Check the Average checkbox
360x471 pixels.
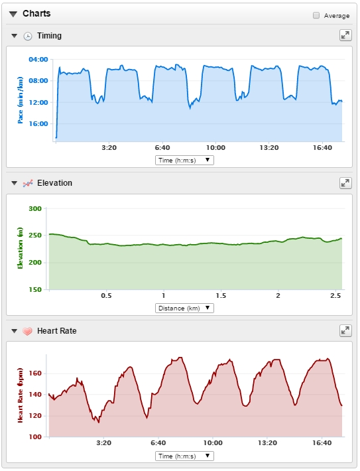click(x=316, y=15)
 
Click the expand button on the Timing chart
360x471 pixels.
click(x=345, y=35)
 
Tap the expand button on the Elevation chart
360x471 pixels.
click(x=345, y=183)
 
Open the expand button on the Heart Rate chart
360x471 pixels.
click(x=345, y=331)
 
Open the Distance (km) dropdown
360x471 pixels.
click(x=184, y=308)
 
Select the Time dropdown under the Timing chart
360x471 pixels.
click(x=184, y=160)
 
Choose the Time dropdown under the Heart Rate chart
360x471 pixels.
click(x=184, y=456)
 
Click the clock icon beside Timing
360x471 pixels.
click(x=28, y=36)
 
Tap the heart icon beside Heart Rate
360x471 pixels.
click(x=27, y=331)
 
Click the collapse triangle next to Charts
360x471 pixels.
click(x=13, y=14)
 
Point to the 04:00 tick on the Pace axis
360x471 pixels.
click(x=38, y=60)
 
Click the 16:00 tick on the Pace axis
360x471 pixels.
click(x=38, y=124)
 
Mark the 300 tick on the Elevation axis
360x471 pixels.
click(x=35, y=208)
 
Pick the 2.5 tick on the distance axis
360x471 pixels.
click(x=335, y=296)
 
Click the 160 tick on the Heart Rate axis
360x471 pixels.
click(x=35, y=373)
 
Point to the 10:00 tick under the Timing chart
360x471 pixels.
click(x=215, y=148)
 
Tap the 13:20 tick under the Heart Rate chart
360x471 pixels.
click(x=268, y=443)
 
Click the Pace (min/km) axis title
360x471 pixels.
click(x=20, y=100)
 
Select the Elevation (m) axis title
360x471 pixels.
click(x=20, y=248)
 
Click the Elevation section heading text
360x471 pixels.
click(x=54, y=183)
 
